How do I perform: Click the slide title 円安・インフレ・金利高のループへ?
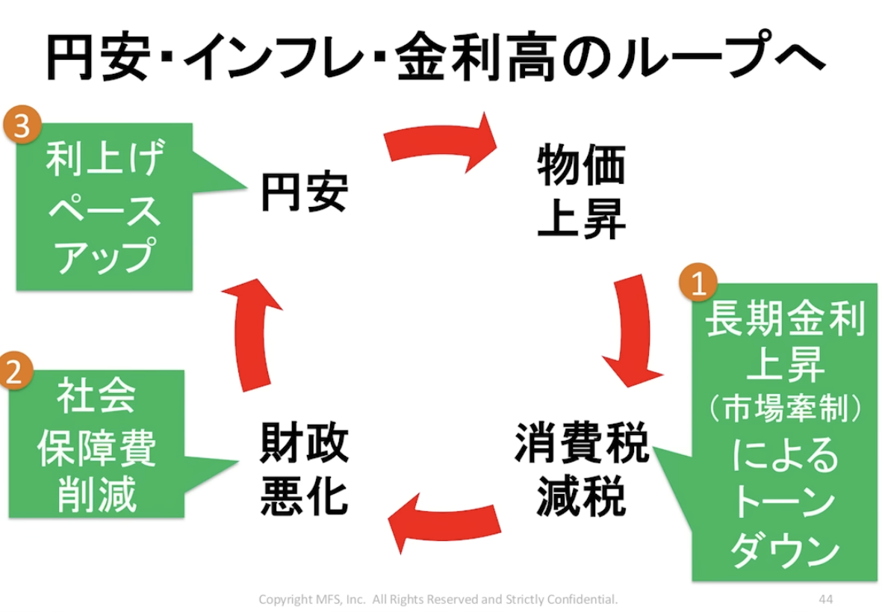(434, 56)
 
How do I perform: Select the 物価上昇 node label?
(581, 193)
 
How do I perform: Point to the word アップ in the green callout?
(104, 256)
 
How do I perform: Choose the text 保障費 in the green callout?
(97, 448)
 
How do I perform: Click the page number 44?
(825, 599)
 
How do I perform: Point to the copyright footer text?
(438, 599)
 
